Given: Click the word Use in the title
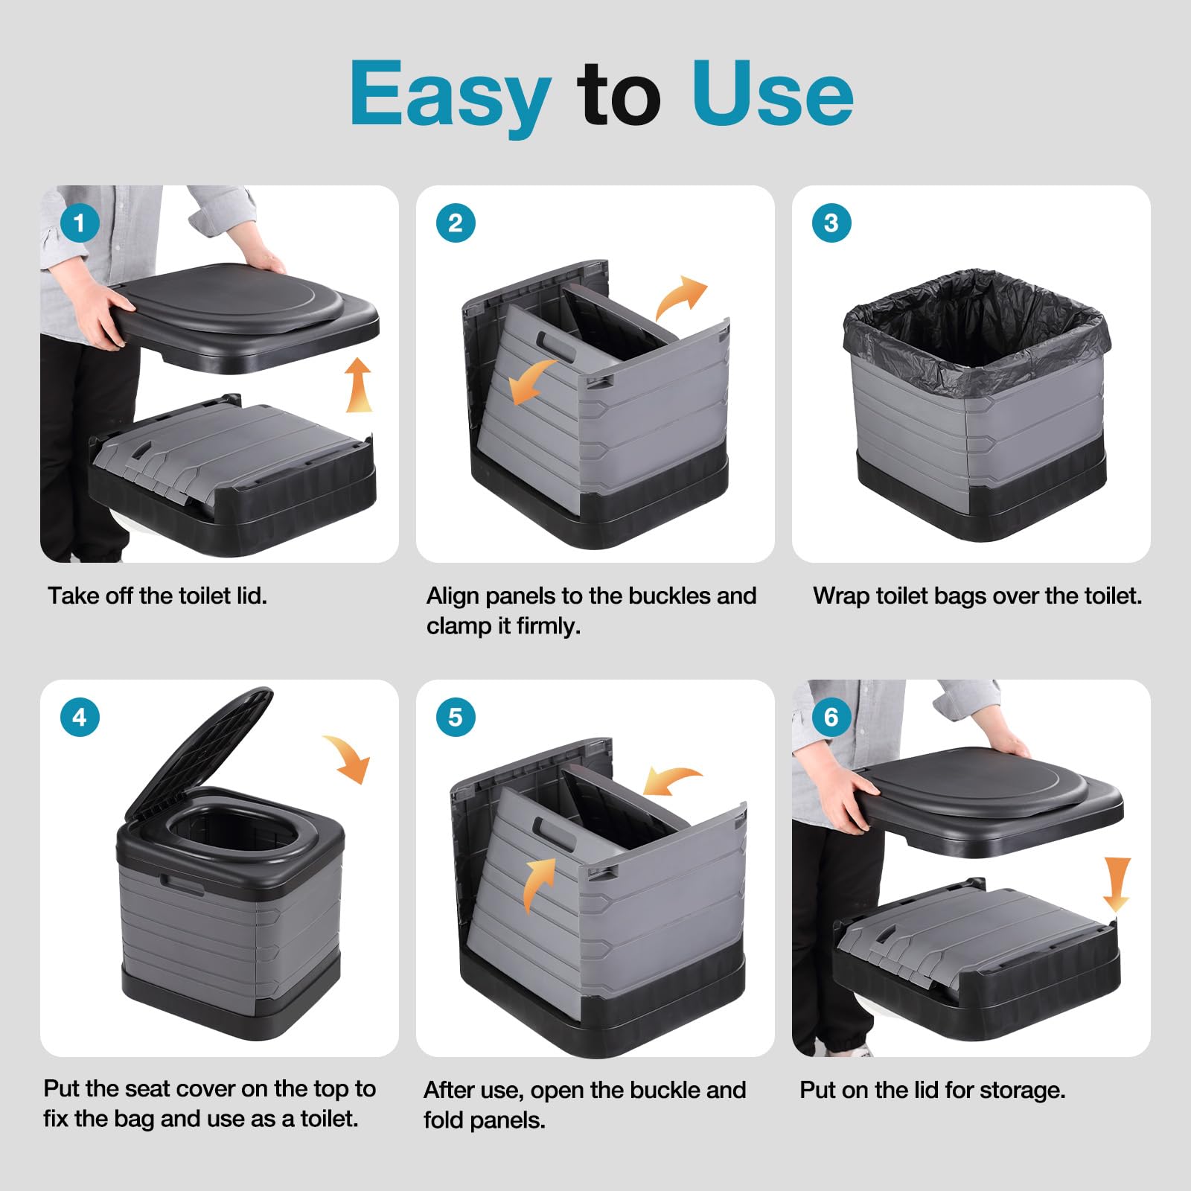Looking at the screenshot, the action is (x=772, y=92).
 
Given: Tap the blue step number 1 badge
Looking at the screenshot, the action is (x=80, y=223).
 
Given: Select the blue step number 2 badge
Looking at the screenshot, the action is (x=456, y=223).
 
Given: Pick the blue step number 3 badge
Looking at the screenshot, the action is (x=831, y=223).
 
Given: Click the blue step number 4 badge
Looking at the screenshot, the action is (x=80, y=717).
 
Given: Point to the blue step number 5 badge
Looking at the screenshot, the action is (x=456, y=717).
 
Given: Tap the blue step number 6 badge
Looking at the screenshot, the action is (x=831, y=717).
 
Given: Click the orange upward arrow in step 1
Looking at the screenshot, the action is (x=359, y=385).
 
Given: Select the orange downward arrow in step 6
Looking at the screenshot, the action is (x=1116, y=884).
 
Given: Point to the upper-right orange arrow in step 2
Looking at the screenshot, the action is (x=680, y=298).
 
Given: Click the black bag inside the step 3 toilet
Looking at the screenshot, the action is (x=976, y=320).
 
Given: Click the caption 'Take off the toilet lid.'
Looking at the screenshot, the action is (x=157, y=595).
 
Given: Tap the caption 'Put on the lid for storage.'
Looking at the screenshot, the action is (x=933, y=1091).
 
